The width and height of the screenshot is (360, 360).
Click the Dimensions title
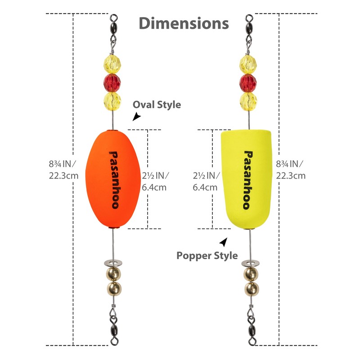[184, 23]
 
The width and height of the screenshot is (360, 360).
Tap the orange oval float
[113, 179]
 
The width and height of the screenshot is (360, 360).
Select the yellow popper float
[246, 179]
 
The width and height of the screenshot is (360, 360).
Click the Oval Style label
[157, 105]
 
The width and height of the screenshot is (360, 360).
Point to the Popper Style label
[207, 256]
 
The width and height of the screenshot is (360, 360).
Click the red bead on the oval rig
[112, 83]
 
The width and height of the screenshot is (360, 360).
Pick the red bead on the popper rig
[248, 83]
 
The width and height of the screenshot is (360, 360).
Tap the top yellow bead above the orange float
[112, 64]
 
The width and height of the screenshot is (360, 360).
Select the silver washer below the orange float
[113, 263]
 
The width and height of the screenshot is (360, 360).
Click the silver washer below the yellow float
[250, 263]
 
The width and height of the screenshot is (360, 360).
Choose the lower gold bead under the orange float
[114, 288]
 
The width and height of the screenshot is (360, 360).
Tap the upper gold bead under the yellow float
[251, 274]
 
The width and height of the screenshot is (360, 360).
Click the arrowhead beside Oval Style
[136, 116]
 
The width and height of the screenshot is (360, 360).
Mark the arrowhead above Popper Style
[224, 242]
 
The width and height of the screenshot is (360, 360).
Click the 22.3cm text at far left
[63, 176]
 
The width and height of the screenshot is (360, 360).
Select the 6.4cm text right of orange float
[154, 188]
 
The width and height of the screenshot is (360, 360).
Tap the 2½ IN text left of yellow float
[207, 175]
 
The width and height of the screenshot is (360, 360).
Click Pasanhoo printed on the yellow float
[248, 180]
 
